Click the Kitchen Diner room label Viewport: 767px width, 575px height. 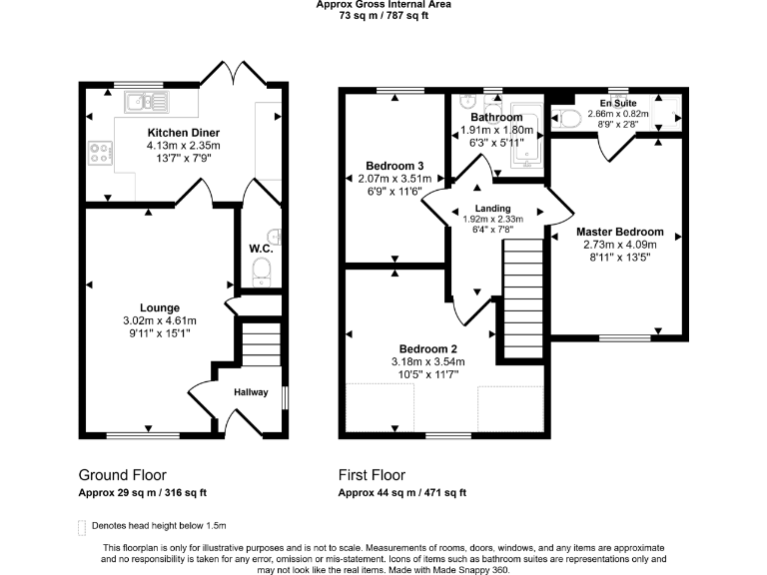pos(184,133)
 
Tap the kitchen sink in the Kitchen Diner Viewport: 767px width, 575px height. pos(145,100)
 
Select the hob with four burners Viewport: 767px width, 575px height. pos(100,154)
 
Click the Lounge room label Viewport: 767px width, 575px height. pos(160,307)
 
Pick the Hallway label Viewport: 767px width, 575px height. pos(251,392)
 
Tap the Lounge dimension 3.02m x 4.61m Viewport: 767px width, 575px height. pos(160,320)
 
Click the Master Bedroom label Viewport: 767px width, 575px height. pos(620,232)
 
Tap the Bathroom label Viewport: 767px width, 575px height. pos(496,118)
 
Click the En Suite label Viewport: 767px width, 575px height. pos(618,103)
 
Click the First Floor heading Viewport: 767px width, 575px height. pos(372,475)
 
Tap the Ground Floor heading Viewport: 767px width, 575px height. pos(122,475)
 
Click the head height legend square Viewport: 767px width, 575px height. pos(82,526)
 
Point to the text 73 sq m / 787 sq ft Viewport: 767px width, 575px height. pos(383,15)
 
